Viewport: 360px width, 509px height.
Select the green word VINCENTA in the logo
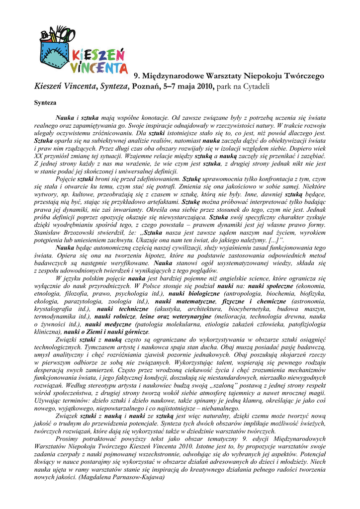coord(98,67)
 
